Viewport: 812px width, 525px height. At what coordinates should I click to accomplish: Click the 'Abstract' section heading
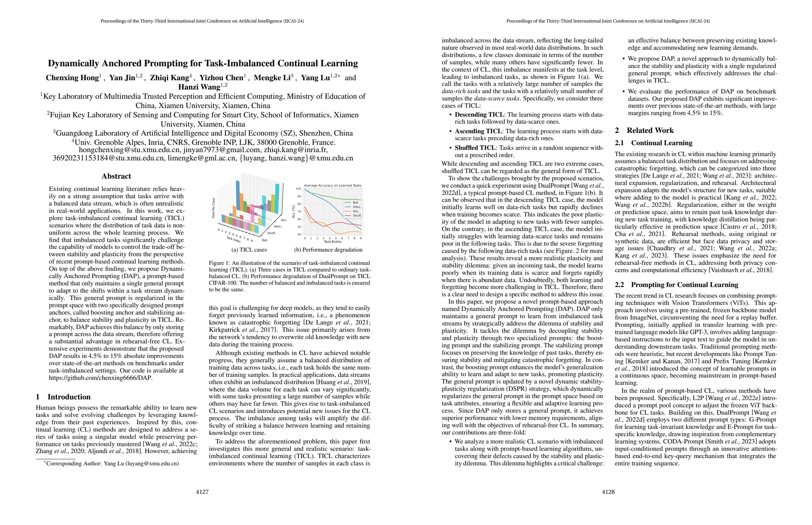[x=116, y=176]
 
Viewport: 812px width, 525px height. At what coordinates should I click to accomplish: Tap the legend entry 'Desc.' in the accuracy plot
[x=357, y=207]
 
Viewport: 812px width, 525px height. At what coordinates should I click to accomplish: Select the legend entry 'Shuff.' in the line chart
[x=357, y=215]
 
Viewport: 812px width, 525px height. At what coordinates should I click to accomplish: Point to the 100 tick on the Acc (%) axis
[x=298, y=189]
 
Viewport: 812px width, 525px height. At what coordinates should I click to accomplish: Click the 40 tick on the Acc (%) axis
[x=299, y=235]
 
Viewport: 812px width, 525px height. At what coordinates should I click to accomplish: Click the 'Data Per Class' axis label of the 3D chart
[x=213, y=208]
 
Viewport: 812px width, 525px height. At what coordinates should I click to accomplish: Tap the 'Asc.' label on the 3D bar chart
[x=284, y=220]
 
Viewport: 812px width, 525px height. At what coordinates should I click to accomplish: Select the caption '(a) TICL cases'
[x=249, y=250]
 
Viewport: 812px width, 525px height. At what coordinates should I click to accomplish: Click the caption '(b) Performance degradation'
[x=328, y=250]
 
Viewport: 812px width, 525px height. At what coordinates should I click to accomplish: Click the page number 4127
[x=202, y=492]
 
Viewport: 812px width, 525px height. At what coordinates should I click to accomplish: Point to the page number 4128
[x=608, y=492]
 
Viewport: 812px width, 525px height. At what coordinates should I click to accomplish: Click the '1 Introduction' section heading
[x=63, y=397]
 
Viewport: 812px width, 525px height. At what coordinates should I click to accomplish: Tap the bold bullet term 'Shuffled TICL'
[x=475, y=148]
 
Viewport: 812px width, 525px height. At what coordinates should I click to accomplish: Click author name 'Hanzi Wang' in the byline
[x=199, y=87]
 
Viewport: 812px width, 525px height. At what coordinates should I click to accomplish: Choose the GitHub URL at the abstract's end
[x=101, y=378]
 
